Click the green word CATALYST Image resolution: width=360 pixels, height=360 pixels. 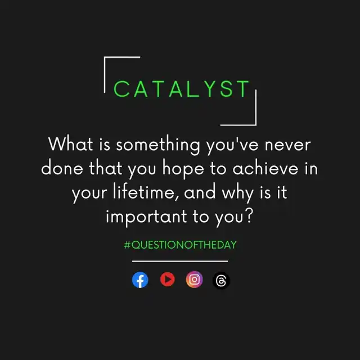(181, 89)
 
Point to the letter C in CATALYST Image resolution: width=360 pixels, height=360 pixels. (121, 89)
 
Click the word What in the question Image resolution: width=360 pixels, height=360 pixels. (71, 144)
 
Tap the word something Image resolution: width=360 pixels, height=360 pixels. (158, 145)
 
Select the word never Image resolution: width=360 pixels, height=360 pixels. (287, 145)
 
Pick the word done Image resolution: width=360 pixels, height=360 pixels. (62, 168)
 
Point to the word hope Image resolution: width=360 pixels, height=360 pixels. (183, 169)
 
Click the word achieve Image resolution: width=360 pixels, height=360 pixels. (265, 168)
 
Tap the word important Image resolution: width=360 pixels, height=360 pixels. (146, 217)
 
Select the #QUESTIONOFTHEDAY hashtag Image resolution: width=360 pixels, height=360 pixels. (180, 245)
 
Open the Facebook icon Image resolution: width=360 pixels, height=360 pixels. (140, 280)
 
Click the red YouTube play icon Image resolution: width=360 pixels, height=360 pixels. (168, 280)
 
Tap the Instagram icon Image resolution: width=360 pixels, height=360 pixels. (194, 280)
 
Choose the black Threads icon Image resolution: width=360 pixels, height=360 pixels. (221, 281)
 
